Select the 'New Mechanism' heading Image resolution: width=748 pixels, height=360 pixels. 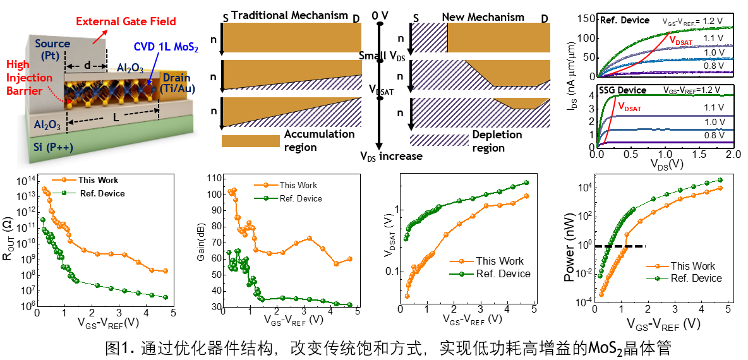483,17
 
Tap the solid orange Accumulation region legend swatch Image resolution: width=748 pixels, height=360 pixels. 250,140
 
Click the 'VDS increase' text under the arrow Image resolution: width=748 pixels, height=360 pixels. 390,156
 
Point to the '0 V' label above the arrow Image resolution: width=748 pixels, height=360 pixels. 380,14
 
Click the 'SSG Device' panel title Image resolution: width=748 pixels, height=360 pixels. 623,90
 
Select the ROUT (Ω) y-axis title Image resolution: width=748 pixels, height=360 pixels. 9,244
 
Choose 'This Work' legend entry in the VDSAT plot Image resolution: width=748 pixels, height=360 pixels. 499,261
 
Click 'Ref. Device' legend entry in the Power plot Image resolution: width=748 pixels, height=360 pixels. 696,278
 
